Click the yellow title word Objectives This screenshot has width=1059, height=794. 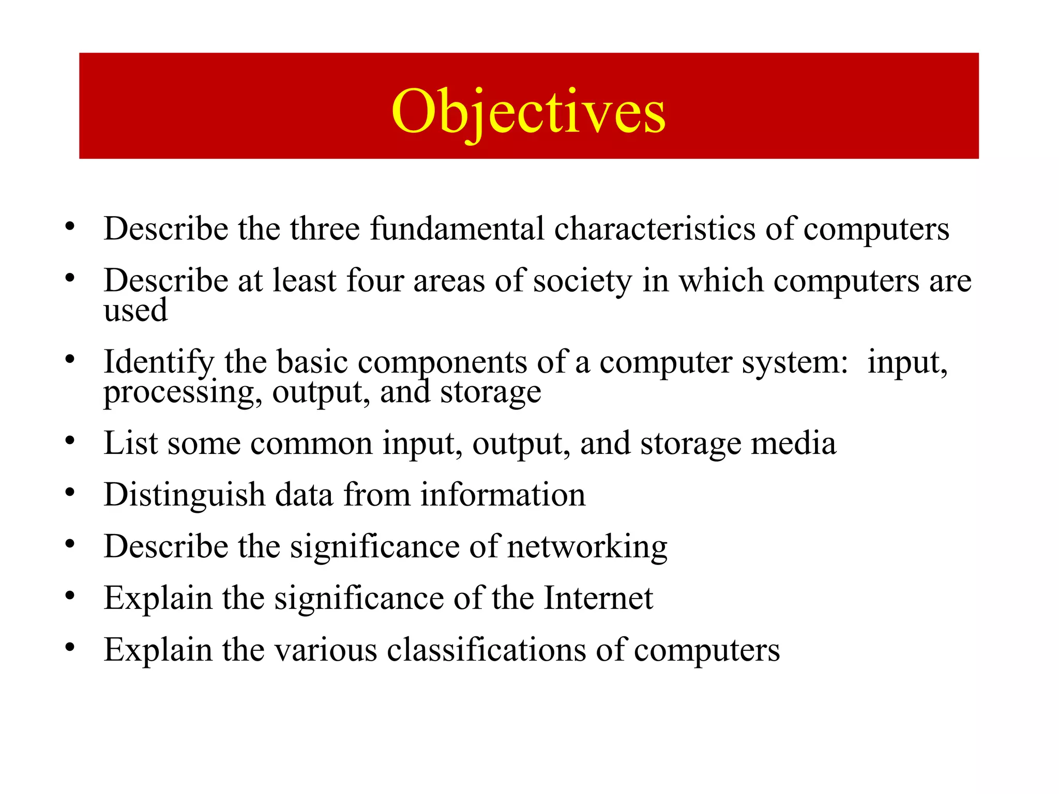point(528,112)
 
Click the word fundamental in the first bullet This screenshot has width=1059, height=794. point(457,228)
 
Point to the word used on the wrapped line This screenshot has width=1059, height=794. point(135,310)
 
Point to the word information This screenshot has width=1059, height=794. point(503,495)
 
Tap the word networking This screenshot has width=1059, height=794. point(587,547)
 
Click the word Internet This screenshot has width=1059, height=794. point(598,599)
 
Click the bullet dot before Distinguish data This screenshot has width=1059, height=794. point(70,492)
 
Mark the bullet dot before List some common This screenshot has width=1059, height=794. point(70,441)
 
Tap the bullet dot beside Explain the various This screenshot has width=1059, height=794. point(70,647)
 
